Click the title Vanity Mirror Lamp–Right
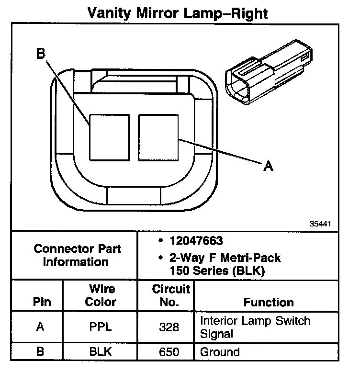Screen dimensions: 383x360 coord(178,13)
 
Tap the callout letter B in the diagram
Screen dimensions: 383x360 coord(41,54)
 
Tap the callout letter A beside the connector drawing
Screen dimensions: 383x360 coord(269,166)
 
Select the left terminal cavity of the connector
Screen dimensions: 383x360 coord(109,137)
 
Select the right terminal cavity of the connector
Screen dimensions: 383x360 coord(158,137)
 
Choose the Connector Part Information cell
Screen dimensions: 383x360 coord(77,255)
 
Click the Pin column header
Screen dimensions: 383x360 coord(42,302)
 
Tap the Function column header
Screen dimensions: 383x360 coord(268,302)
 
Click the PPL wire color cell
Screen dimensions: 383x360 coord(100,327)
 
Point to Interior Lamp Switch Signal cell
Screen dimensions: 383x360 coord(255,327)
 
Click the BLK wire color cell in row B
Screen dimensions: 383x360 coord(100,352)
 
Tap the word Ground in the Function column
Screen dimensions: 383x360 coord(220,352)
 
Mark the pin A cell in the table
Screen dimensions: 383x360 coord(41,327)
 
